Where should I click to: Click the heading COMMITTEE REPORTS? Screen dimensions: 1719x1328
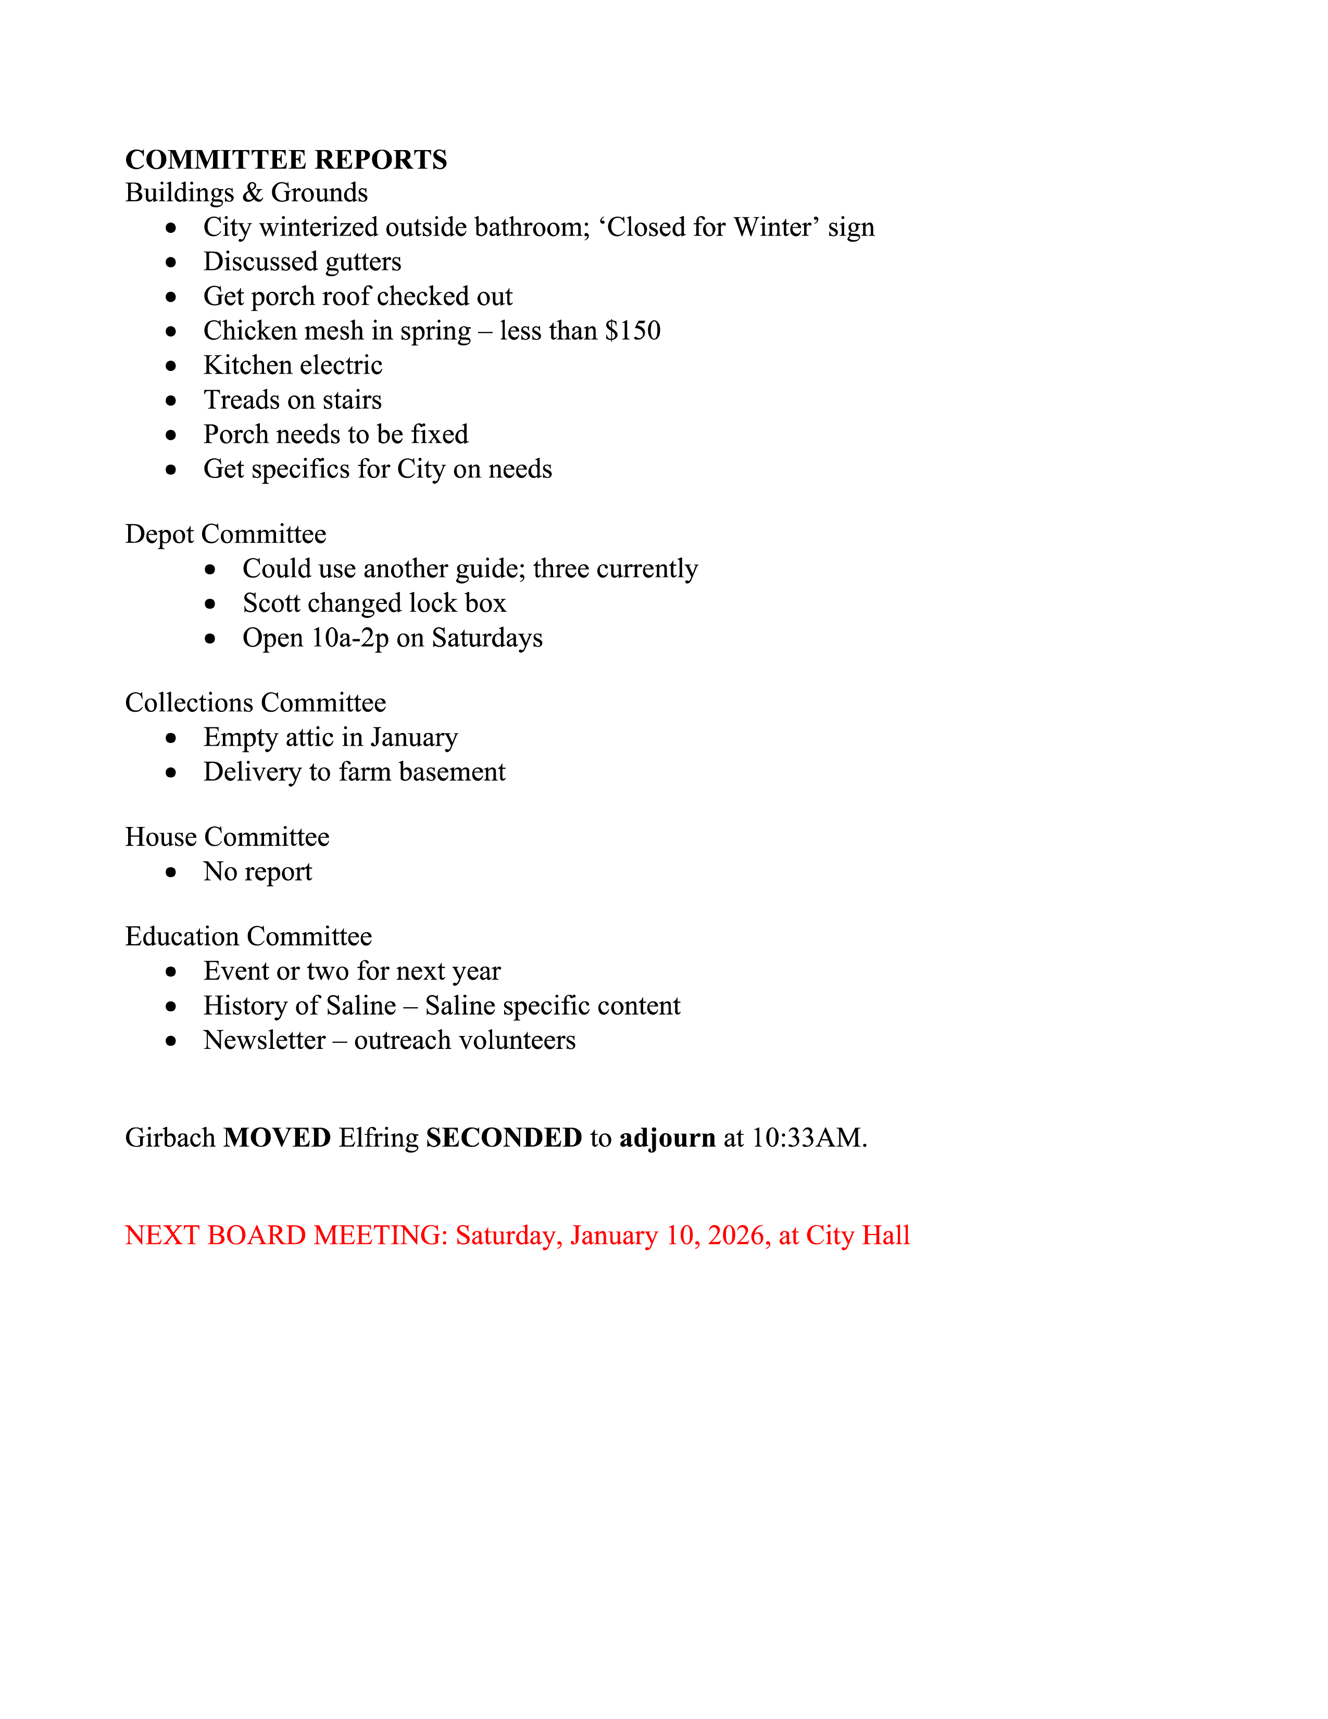[x=285, y=160]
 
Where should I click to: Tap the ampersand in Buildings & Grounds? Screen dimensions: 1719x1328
[x=253, y=193]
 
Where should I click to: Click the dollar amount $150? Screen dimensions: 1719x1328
[x=633, y=330]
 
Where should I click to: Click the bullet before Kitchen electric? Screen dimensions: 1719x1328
[x=171, y=366]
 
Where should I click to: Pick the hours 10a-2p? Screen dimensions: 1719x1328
[x=350, y=638]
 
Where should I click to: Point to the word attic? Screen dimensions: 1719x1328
[x=309, y=737]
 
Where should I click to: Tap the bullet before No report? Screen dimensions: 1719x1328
[x=171, y=872]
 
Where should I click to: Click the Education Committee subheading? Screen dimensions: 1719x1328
[x=248, y=937]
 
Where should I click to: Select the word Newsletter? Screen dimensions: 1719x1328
[x=265, y=1041]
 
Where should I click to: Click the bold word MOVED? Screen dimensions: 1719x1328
[x=277, y=1138]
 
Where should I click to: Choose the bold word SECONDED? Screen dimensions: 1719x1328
[x=504, y=1138]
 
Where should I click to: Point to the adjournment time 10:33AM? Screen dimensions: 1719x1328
[x=809, y=1138]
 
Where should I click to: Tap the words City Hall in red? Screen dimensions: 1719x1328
[x=858, y=1236]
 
